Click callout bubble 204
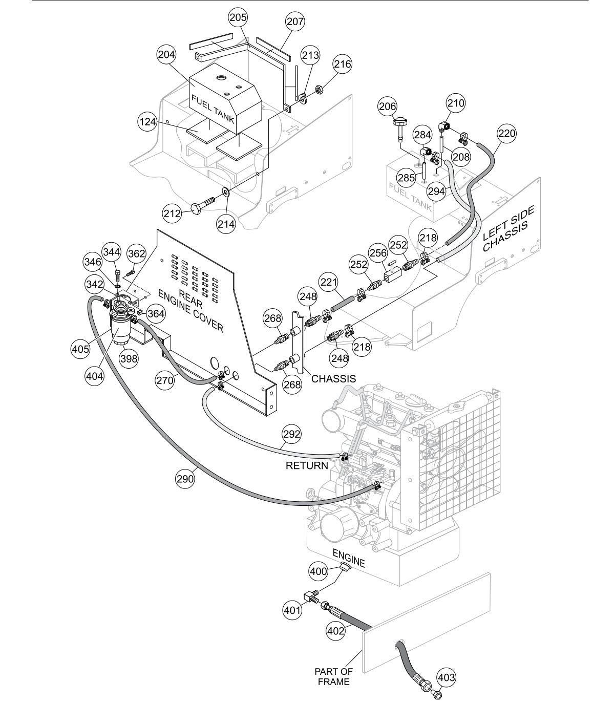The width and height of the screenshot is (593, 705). tap(167, 55)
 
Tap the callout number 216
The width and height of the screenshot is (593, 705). tap(343, 64)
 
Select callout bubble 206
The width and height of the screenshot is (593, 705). tap(388, 106)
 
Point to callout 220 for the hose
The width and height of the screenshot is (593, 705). tap(507, 134)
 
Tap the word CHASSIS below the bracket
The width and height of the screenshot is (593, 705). tap(333, 379)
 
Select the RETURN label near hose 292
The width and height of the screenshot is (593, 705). tap(307, 465)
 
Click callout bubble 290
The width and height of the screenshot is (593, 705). tap(185, 479)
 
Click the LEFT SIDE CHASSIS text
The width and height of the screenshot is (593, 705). tap(509, 228)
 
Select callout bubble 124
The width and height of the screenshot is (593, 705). tap(147, 122)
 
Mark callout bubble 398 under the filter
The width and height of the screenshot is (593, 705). tap(129, 358)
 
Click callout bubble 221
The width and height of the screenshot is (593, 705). tap(329, 282)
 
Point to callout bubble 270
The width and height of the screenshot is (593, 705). tap(165, 380)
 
